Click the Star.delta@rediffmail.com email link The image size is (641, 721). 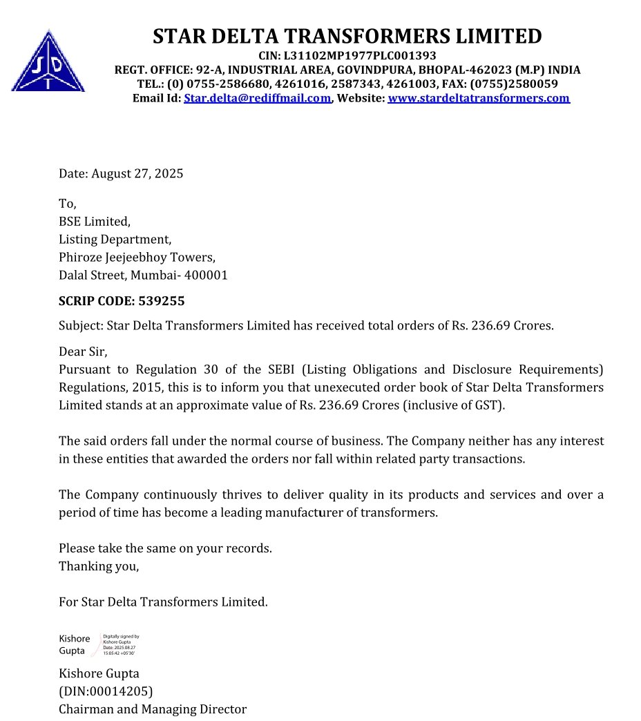pos(257,98)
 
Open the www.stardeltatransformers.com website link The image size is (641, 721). pos(479,98)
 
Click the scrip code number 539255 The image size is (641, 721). pos(162,301)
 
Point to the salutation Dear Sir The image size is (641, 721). pos(83,352)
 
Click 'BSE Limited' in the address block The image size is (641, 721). pos(94,222)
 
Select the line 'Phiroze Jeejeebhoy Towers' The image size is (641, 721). pos(137,258)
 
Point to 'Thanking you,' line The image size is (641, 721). pos(99,566)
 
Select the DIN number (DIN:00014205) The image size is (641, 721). pos(106,691)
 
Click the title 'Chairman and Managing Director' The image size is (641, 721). pos(152,709)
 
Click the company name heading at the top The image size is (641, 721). pos(347,36)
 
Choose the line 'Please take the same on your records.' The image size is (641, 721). pos(165,548)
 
